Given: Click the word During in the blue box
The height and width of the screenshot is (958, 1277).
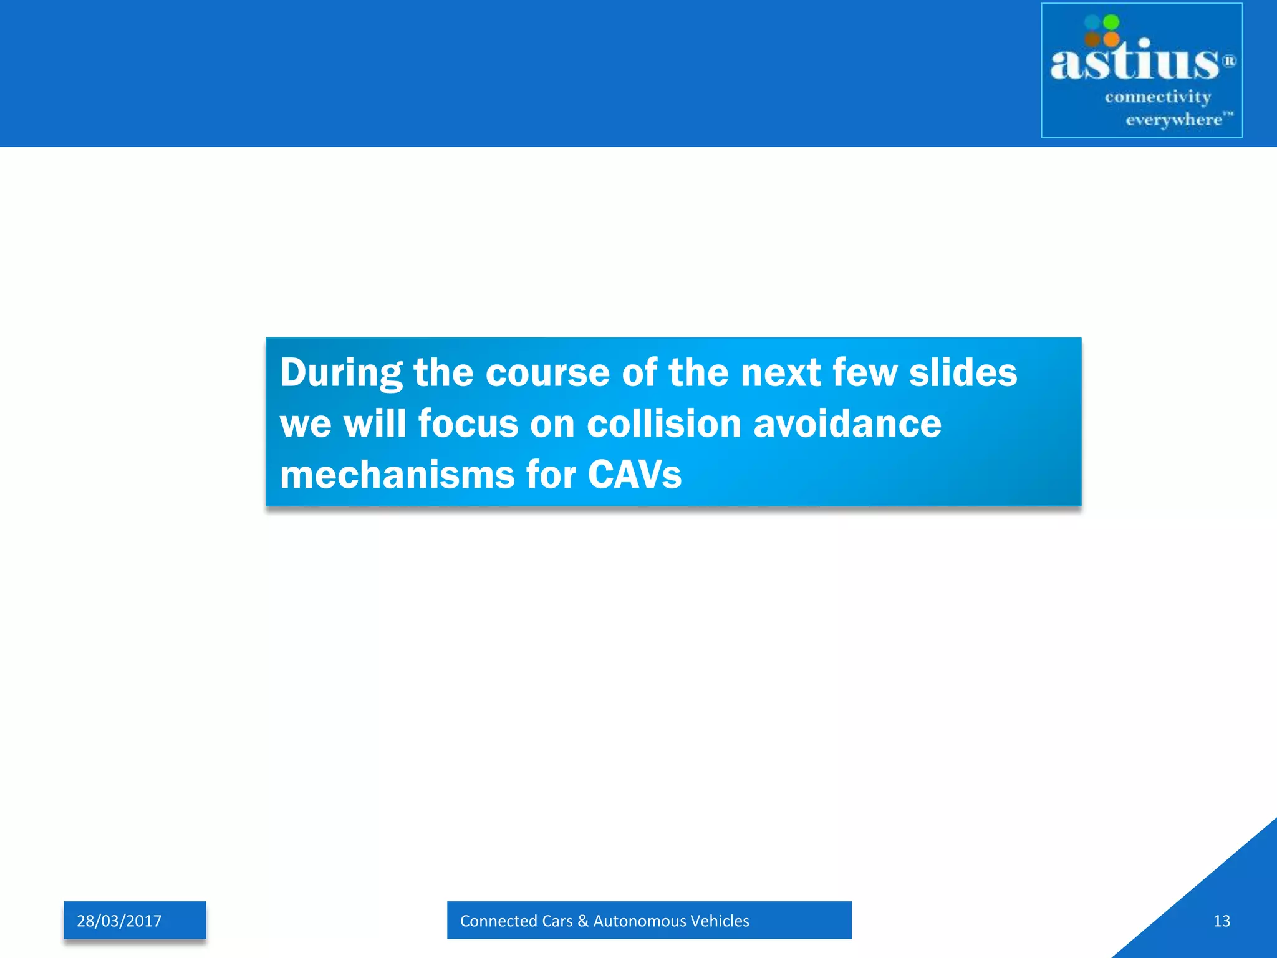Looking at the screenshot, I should coord(341,373).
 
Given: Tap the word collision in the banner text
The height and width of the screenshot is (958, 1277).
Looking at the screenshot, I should coord(664,424).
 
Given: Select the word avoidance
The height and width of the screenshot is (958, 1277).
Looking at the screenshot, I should coord(847,424).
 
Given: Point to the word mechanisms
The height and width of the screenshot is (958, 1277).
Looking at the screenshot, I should coord(397,475).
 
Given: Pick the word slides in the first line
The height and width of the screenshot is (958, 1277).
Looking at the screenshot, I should coord(963,373).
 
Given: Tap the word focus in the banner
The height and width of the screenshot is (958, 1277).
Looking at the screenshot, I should coord(468,424).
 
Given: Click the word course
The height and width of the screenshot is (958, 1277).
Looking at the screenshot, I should coord(547,373).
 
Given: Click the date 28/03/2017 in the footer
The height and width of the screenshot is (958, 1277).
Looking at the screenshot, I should coord(119,921).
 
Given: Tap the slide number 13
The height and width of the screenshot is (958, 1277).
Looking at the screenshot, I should coord(1222,921).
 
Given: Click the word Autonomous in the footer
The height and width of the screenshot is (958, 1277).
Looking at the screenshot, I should coord(640,921).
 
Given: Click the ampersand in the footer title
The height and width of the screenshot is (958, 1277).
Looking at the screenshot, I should coord(583,921).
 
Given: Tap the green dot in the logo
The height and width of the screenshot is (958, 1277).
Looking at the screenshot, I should coord(1111,22).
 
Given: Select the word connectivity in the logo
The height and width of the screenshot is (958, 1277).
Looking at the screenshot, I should coord(1157,97).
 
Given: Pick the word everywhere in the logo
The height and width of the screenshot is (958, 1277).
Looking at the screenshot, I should coord(1173,120).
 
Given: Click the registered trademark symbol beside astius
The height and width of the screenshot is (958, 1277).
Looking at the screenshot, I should coord(1228,61).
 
